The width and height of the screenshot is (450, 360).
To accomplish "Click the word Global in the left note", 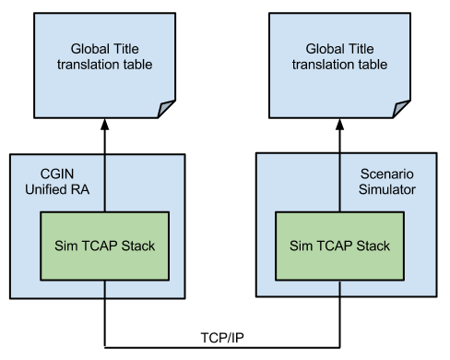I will pos(90,49).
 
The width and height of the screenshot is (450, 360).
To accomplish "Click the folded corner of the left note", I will pos(165,108).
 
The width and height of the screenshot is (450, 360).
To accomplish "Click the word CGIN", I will pos(58,174).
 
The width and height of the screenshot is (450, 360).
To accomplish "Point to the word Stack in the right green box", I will pos(373,246).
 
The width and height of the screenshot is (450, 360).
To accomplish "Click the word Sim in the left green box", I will pos(71,246).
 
